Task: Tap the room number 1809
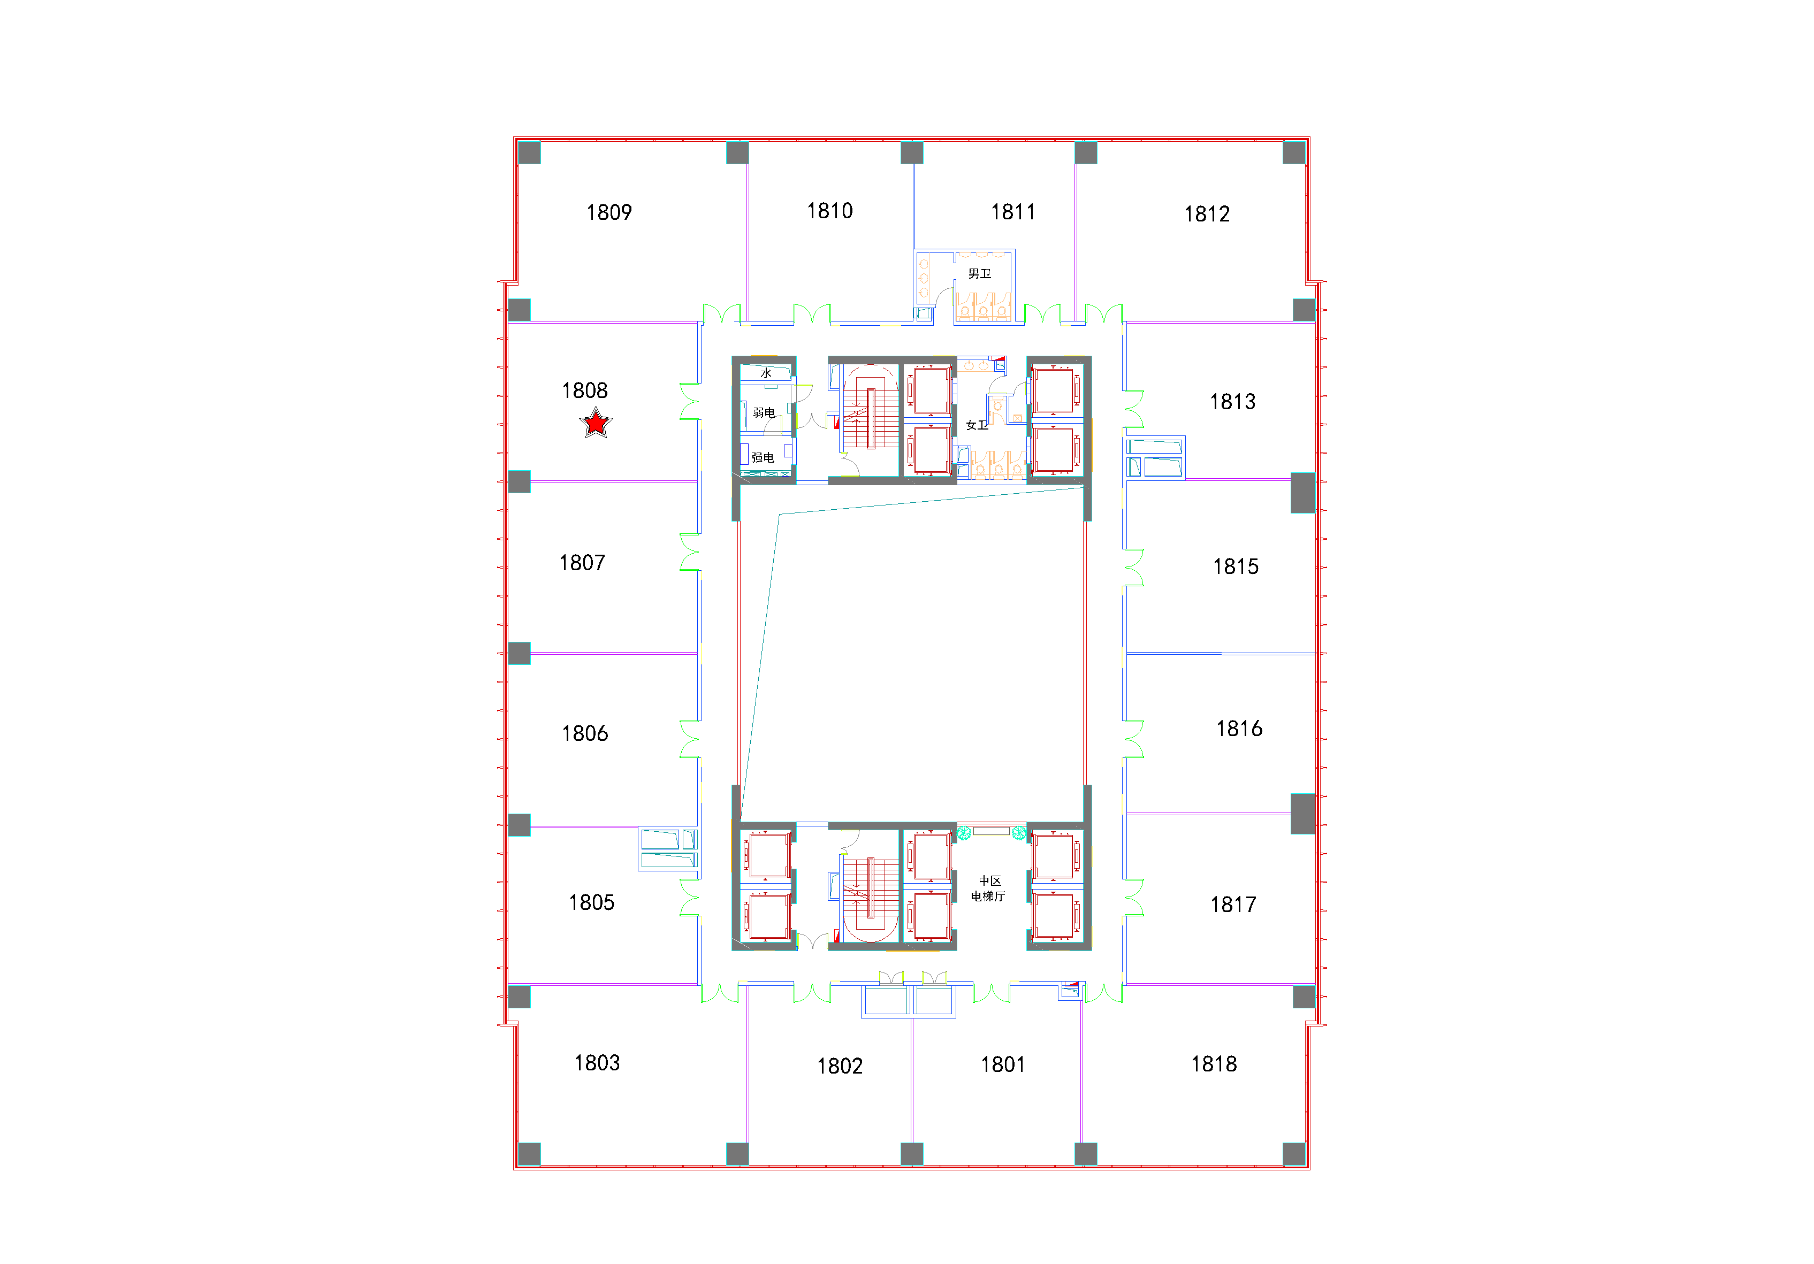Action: pos(609,212)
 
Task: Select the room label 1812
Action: pos(1207,214)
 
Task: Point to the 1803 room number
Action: pos(597,1062)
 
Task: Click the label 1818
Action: pos(1214,1064)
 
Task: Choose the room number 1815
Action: pos(1236,566)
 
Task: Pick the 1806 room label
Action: pos(585,734)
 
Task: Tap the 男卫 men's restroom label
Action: pos(980,274)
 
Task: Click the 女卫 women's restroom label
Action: pos(977,425)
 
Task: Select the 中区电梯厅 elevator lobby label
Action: pos(988,888)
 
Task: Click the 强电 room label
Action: pos(763,457)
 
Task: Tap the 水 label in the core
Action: pos(766,373)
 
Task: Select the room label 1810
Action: pos(829,211)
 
